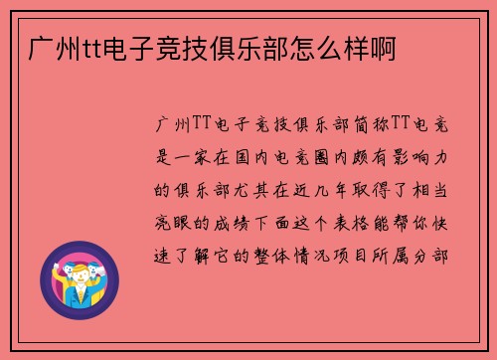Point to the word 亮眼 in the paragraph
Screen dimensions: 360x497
177,221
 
